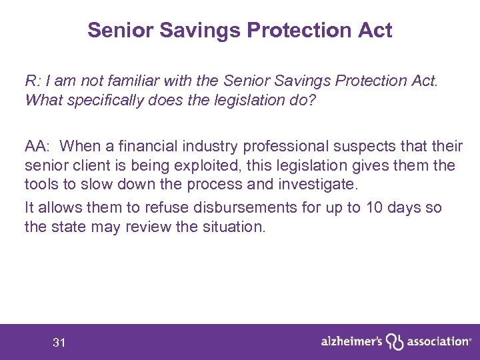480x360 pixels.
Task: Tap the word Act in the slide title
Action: (x=375, y=30)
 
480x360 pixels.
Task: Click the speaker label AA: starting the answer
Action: (x=38, y=147)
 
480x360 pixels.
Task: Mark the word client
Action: (x=87, y=165)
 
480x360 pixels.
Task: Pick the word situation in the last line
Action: (x=232, y=226)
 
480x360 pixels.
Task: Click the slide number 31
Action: (x=59, y=343)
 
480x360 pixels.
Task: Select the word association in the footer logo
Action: (x=437, y=341)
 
